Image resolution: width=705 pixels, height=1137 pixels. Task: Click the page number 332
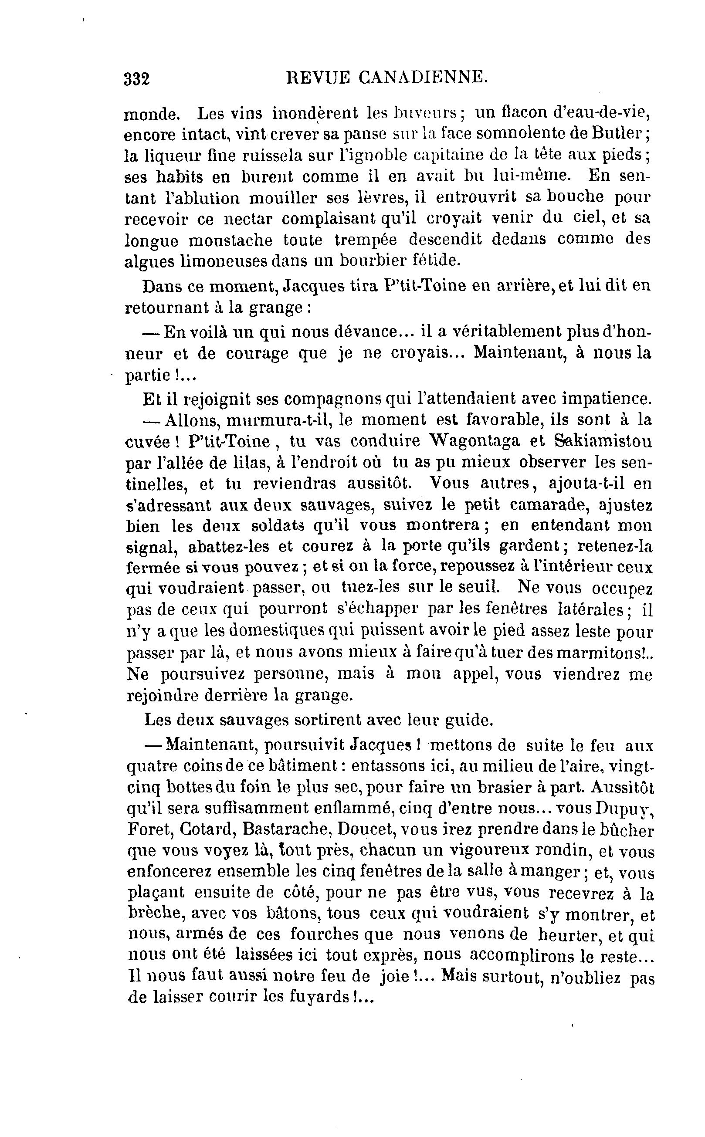pyautogui.click(x=137, y=79)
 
